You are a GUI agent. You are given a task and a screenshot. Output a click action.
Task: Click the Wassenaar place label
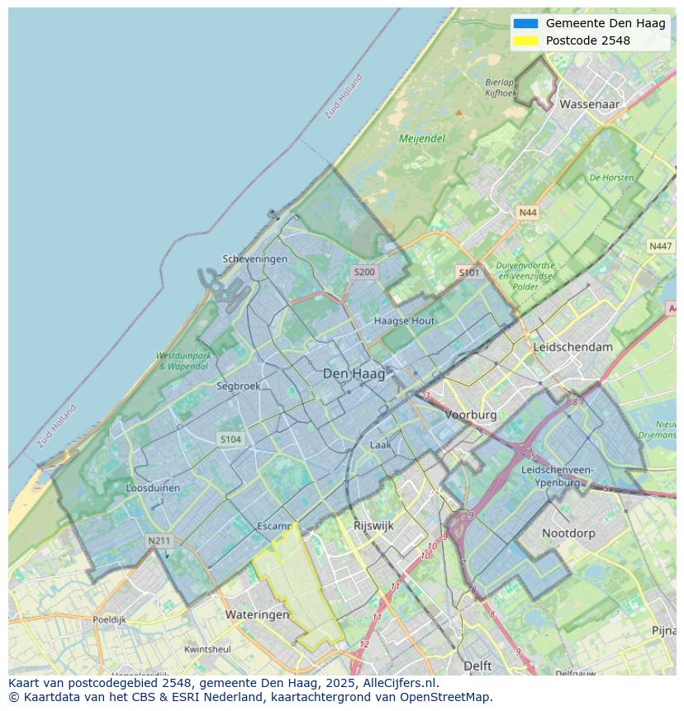click(589, 105)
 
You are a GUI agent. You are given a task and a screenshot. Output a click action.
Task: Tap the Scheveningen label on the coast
click(255, 259)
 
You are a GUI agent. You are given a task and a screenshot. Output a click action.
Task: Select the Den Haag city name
click(354, 374)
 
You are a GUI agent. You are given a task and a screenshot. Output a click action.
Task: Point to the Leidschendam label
click(573, 347)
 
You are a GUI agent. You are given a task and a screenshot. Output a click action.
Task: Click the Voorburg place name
click(471, 415)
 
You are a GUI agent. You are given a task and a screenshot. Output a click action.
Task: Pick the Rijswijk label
click(373, 525)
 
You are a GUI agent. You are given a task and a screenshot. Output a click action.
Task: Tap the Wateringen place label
click(258, 615)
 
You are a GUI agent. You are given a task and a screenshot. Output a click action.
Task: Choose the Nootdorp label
click(568, 533)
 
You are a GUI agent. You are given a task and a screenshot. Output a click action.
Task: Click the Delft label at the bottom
click(477, 666)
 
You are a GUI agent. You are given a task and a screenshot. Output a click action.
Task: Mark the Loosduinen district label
click(153, 488)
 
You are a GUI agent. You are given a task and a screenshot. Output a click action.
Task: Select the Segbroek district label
click(238, 386)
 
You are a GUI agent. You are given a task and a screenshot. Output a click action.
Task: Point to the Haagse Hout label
click(404, 320)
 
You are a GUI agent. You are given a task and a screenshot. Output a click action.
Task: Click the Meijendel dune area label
click(422, 139)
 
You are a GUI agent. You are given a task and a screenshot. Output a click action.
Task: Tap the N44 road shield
click(527, 213)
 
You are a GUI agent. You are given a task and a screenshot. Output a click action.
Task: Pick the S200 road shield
click(363, 272)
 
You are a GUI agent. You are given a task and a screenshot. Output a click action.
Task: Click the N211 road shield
click(159, 541)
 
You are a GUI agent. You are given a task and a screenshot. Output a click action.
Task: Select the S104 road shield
click(230, 439)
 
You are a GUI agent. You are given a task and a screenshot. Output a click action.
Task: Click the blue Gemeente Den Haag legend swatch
click(525, 23)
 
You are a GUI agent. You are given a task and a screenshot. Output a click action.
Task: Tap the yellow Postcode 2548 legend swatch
click(525, 40)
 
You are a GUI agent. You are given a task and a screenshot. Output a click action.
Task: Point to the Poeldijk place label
click(109, 619)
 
